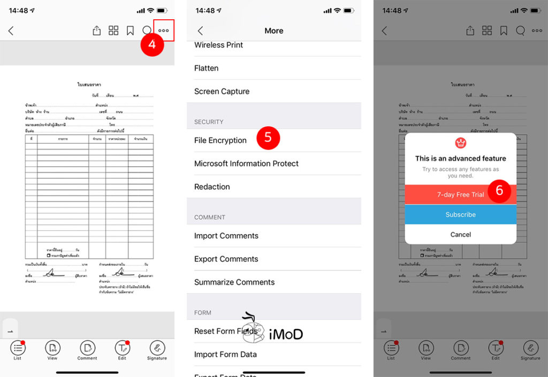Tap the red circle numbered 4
click(152, 44)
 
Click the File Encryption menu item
click(220, 140)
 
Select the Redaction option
click(212, 187)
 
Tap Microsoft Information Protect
click(246, 164)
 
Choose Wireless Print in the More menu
click(218, 45)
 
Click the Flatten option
click(206, 68)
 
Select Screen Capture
click(222, 91)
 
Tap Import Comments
click(226, 236)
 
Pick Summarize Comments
click(234, 282)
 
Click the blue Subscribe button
click(460, 214)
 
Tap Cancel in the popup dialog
click(460, 234)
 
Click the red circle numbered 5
click(268, 137)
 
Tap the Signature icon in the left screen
click(157, 350)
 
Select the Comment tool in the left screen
click(87, 350)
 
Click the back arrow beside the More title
click(200, 31)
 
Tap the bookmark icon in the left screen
click(130, 31)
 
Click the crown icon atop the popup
click(460, 143)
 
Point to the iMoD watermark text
click(286, 334)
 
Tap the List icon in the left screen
click(18, 350)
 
